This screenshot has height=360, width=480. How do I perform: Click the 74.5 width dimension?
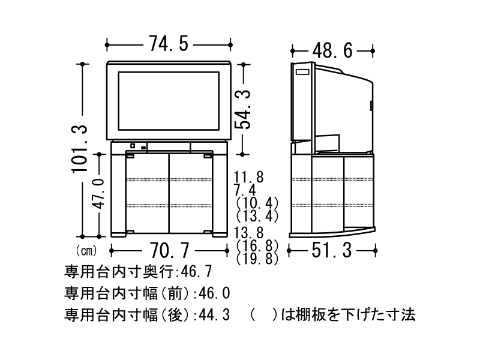pos(169,44)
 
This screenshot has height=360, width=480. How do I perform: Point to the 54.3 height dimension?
pos(242,109)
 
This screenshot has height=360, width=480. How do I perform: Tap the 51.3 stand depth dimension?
pos(331,250)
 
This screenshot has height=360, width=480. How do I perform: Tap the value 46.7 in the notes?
pos(195,272)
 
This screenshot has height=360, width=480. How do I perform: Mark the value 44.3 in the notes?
pos(214,314)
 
